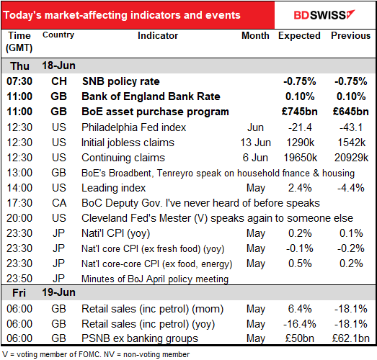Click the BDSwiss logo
click(324, 15)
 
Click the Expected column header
click(299, 36)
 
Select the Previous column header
click(350, 35)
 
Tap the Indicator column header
click(158, 35)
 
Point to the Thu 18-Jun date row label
click(43, 66)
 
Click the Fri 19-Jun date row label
click(44, 292)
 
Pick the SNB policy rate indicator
click(121, 81)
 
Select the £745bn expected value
click(300, 112)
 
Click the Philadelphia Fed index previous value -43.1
click(351, 127)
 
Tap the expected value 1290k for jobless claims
click(301, 143)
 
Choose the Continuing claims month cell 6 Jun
click(255, 158)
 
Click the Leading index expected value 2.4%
click(300, 188)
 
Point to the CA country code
click(59, 203)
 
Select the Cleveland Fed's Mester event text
click(217, 218)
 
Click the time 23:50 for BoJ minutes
click(19, 279)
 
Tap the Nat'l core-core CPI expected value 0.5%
click(300, 264)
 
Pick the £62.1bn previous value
click(351, 338)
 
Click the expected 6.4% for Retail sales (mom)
click(300, 309)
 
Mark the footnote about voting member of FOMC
click(96, 354)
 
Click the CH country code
click(59, 81)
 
